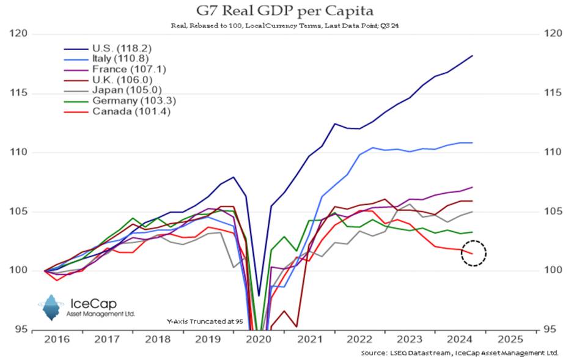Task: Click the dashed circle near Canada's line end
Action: [x=473, y=252]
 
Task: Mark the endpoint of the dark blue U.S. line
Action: [x=472, y=56]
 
